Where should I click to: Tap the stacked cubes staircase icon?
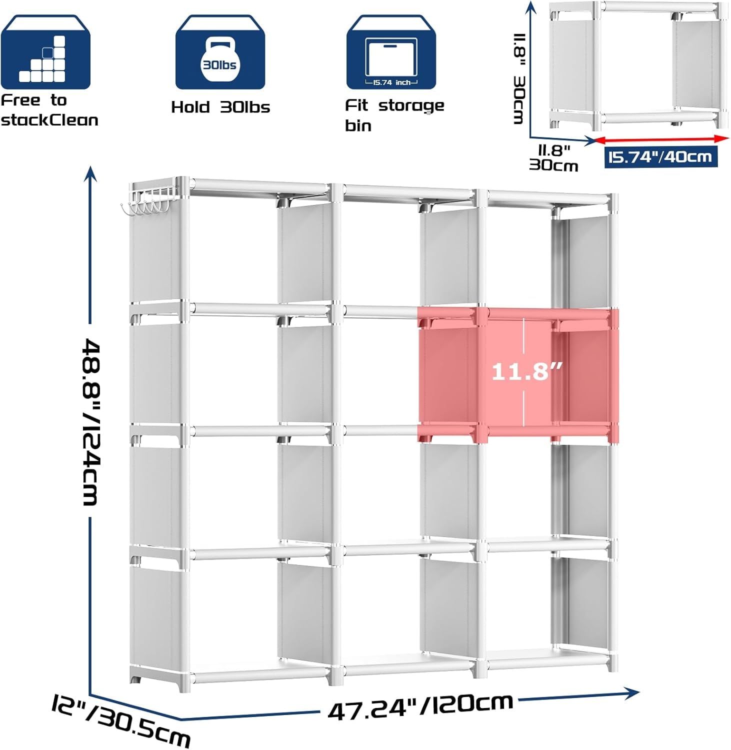43,59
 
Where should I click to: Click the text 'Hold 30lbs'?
220,107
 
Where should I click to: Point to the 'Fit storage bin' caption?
394,115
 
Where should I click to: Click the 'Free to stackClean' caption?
49,110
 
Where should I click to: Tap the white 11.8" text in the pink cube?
527,371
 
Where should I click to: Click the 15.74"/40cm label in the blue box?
660,157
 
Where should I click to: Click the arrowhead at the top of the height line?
90,174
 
